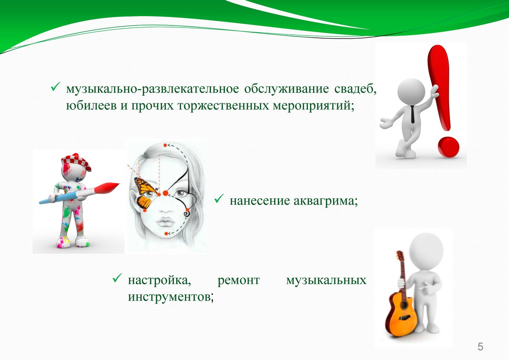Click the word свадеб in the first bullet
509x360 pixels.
click(x=355, y=89)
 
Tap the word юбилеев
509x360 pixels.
click(x=91, y=106)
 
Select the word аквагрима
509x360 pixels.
click(x=326, y=201)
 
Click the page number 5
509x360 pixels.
click(x=480, y=347)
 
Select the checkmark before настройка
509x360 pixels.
click(x=117, y=278)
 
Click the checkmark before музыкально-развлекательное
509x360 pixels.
click(x=56, y=87)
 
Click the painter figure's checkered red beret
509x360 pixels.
click(x=76, y=162)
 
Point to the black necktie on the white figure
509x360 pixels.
click(x=413, y=114)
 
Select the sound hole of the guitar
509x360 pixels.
click(x=403, y=305)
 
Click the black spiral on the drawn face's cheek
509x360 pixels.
click(x=187, y=214)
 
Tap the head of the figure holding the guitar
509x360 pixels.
click(x=427, y=251)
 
